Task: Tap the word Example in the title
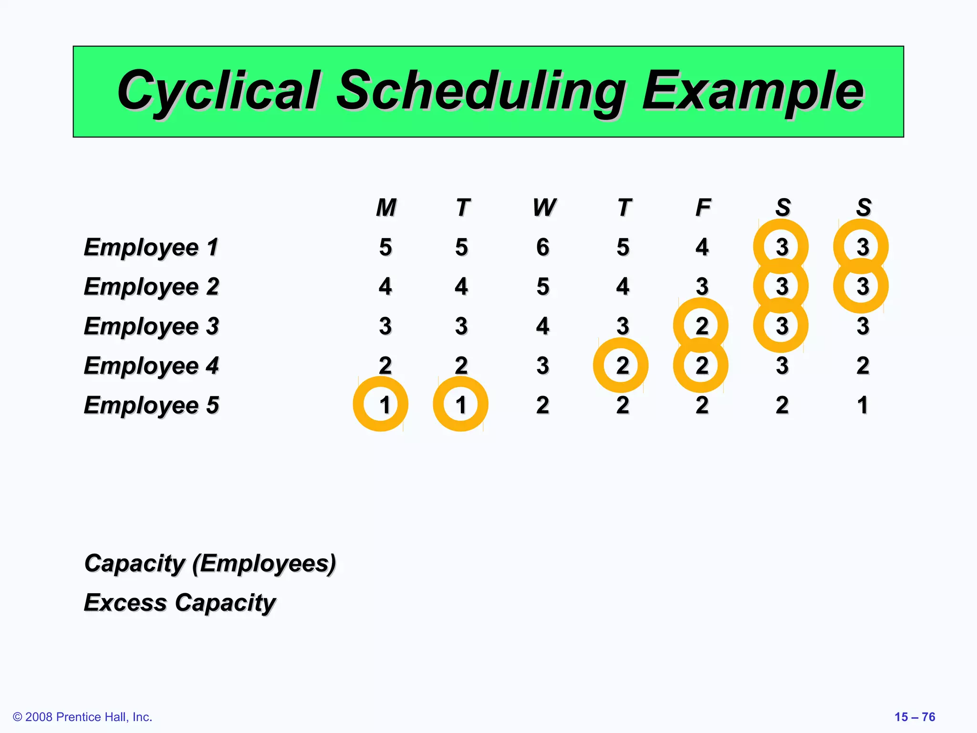(x=753, y=91)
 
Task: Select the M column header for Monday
(x=386, y=208)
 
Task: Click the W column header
(x=544, y=208)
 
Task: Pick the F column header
(x=703, y=208)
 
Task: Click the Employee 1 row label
(x=151, y=247)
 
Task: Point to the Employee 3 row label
(x=151, y=326)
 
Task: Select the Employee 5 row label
(x=151, y=405)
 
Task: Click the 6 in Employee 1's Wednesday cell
(x=543, y=247)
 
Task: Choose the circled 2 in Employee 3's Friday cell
(x=701, y=326)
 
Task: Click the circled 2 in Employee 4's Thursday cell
(x=622, y=366)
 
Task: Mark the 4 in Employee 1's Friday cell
(x=702, y=247)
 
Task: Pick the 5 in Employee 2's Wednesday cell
(x=543, y=287)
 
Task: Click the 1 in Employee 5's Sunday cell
(x=863, y=405)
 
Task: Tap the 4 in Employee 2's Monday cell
(x=385, y=287)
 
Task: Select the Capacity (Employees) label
(x=210, y=564)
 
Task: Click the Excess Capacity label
(x=180, y=603)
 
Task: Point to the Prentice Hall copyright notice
(x=83, y=717)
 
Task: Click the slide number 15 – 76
(x=915, y=717)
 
